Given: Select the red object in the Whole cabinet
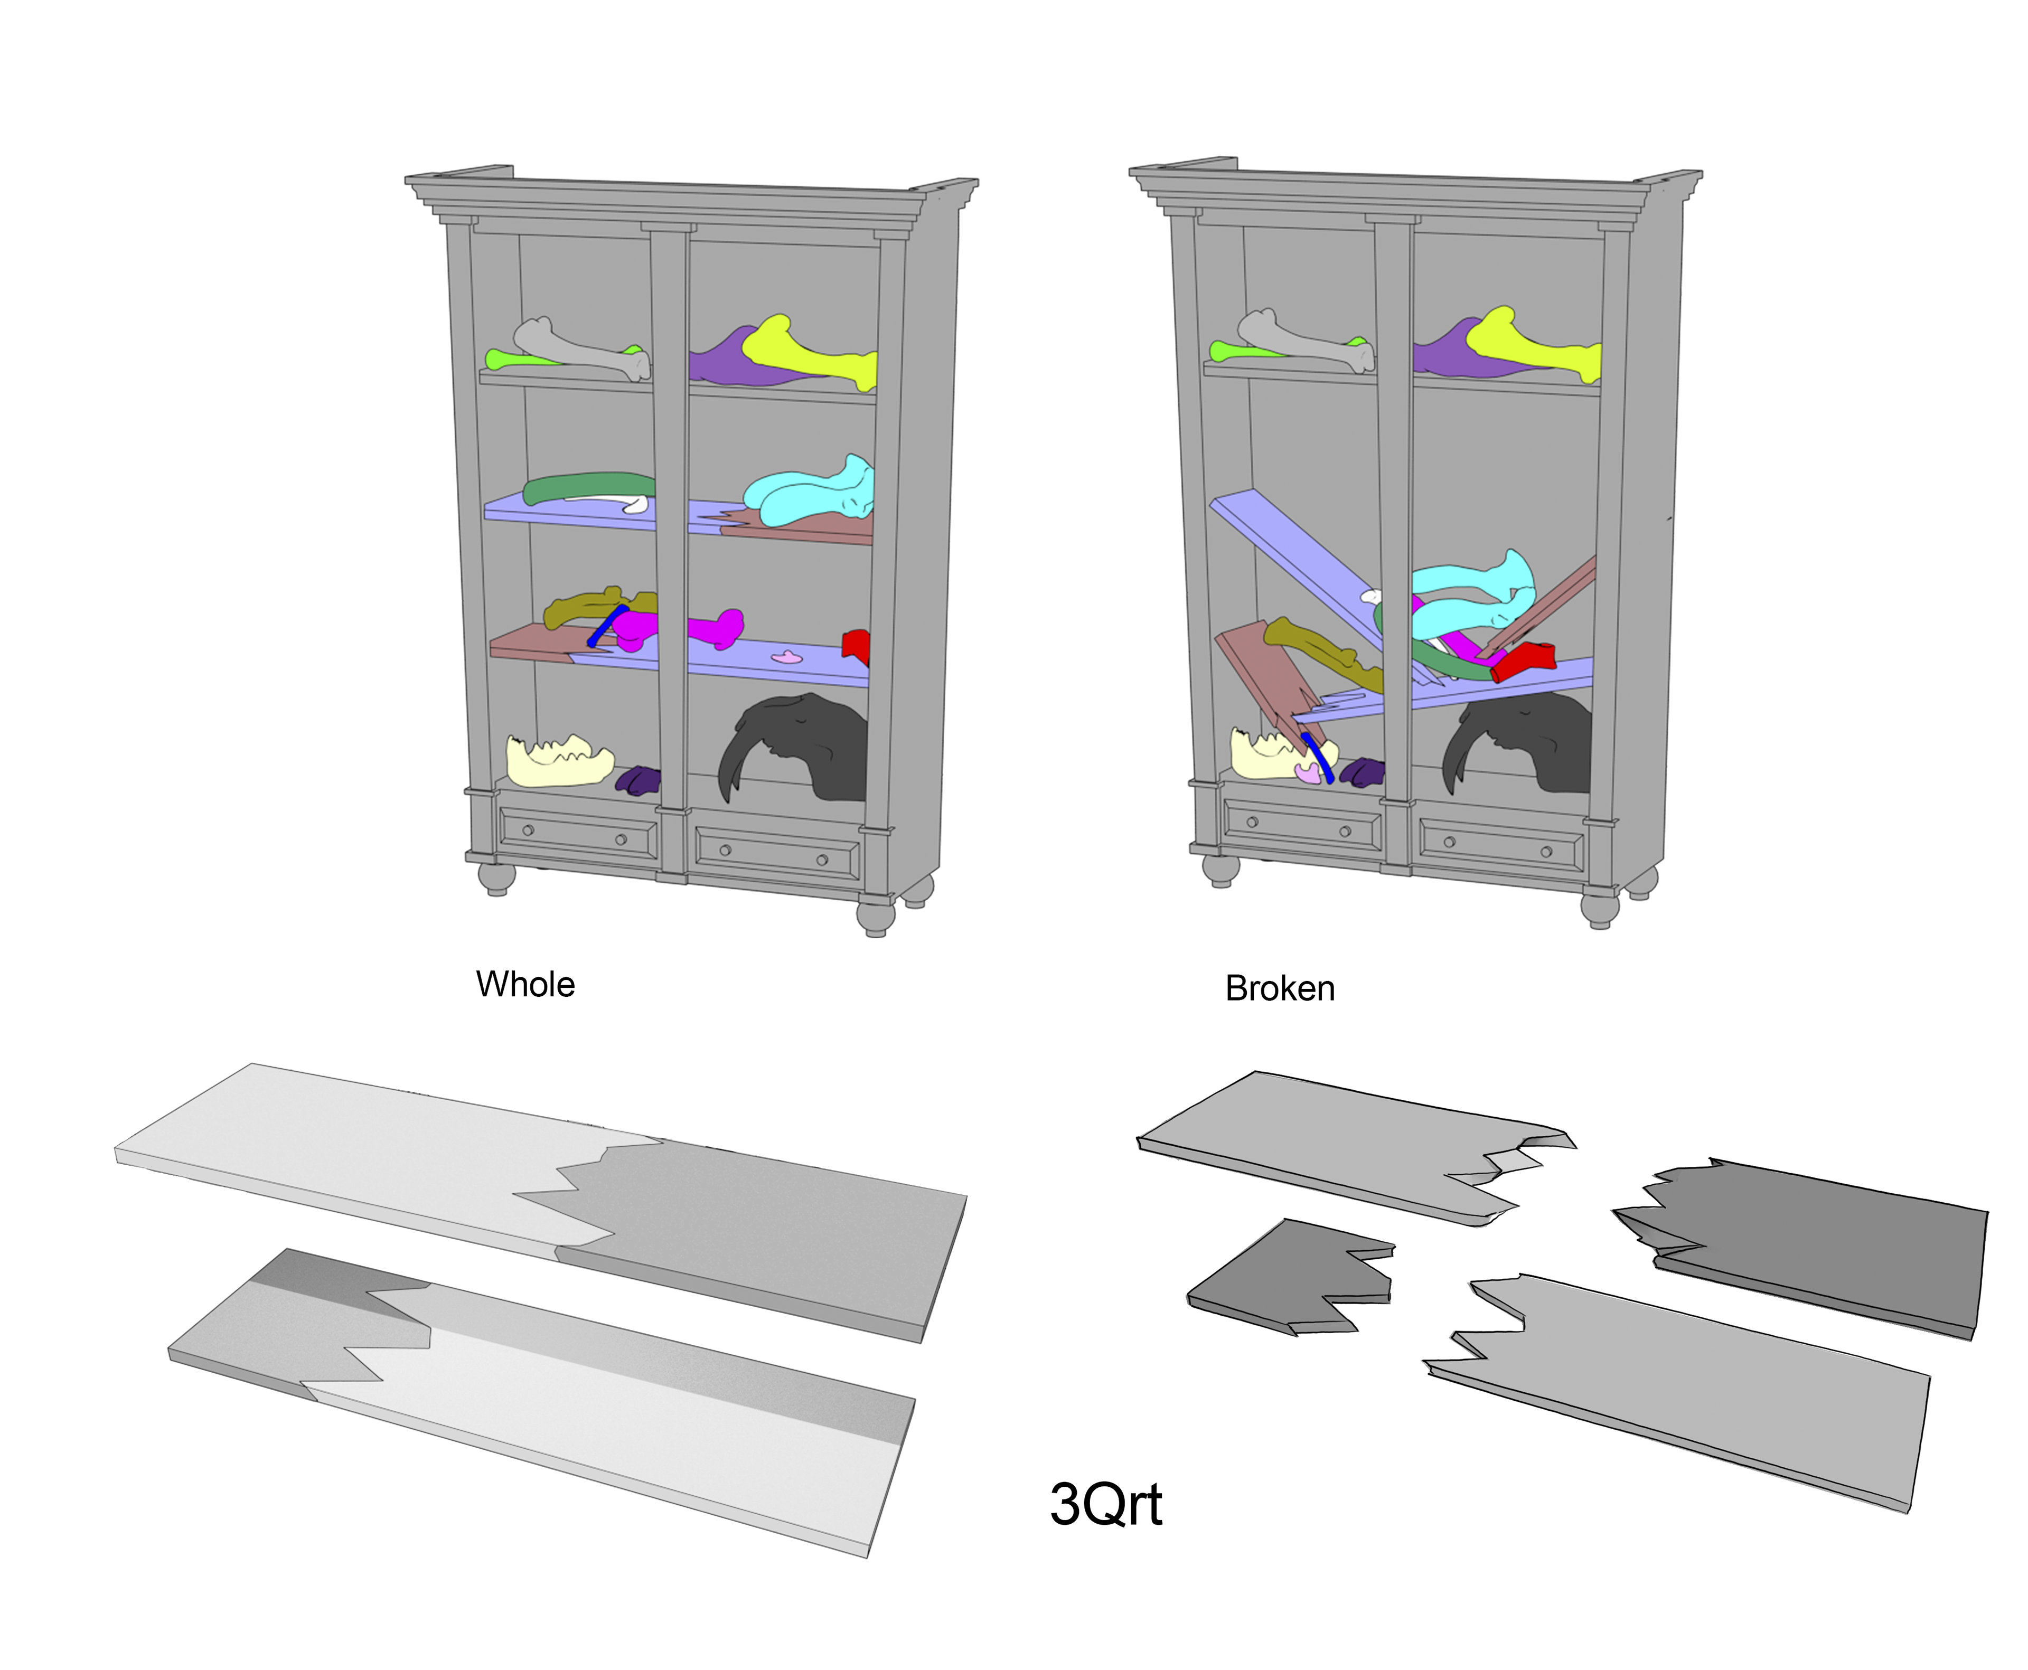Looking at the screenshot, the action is tap(856, 646).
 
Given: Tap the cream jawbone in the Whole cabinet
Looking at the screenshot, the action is tap(558, 760).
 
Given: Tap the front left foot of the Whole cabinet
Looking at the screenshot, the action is tap(496, 878).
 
